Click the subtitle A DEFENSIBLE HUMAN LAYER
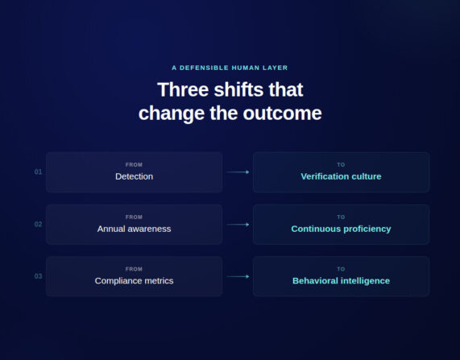point(230,68)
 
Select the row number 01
point(38,172)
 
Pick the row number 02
point(38,225)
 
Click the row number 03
point(38,276)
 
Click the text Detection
point(134,176)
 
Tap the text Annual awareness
point(134,229)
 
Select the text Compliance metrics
point(134,281)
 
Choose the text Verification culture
point(341,176)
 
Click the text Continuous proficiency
point(341,229)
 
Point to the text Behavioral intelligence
point(341,281)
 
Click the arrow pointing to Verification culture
point(238,172)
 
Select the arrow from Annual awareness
point(238,225)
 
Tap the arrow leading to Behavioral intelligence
point(238,276)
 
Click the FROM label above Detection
point(134,164)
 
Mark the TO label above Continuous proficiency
point(341,217)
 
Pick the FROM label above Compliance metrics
point(134,269)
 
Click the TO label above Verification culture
point(341,164)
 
